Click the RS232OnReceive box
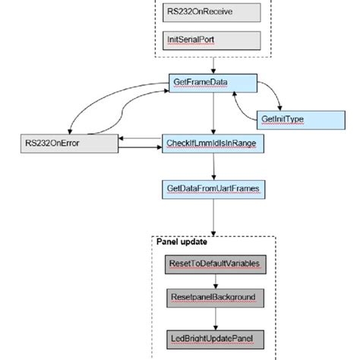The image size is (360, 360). coord(212,12)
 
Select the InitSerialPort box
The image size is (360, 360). coord(212,39)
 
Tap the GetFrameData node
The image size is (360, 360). coord(212,82)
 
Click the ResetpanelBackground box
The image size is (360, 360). coord(213,297)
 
